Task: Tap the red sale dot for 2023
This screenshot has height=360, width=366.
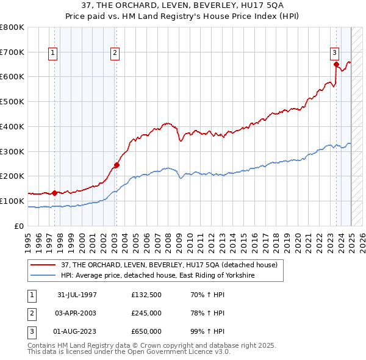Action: tap(336, 63)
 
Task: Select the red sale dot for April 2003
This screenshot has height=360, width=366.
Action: tap(117, 165)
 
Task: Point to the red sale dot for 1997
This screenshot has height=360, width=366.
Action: tap(55, 193)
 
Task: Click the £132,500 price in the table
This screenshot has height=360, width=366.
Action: tap(145, 295)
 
